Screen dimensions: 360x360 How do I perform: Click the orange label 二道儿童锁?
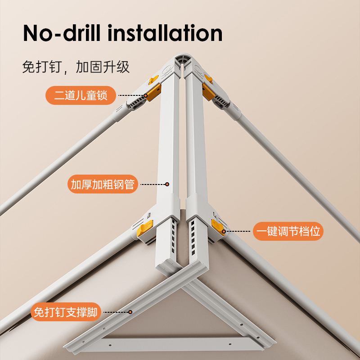tap(81, 95)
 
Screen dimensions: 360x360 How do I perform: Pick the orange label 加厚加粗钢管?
tap(103, 184)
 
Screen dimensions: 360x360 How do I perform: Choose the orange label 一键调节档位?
tap(288, 231)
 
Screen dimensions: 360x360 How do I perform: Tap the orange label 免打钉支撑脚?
tap(66, 311)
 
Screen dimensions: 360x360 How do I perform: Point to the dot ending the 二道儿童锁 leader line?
tap(146, 95)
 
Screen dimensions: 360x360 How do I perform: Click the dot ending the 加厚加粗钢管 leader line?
tap(167, 184)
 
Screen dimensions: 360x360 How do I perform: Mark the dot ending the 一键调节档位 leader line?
tap(225, 231)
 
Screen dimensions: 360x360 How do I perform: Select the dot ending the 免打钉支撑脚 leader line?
tap(130, 311)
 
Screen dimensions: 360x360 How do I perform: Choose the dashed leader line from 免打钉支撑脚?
tap(116, 311)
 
